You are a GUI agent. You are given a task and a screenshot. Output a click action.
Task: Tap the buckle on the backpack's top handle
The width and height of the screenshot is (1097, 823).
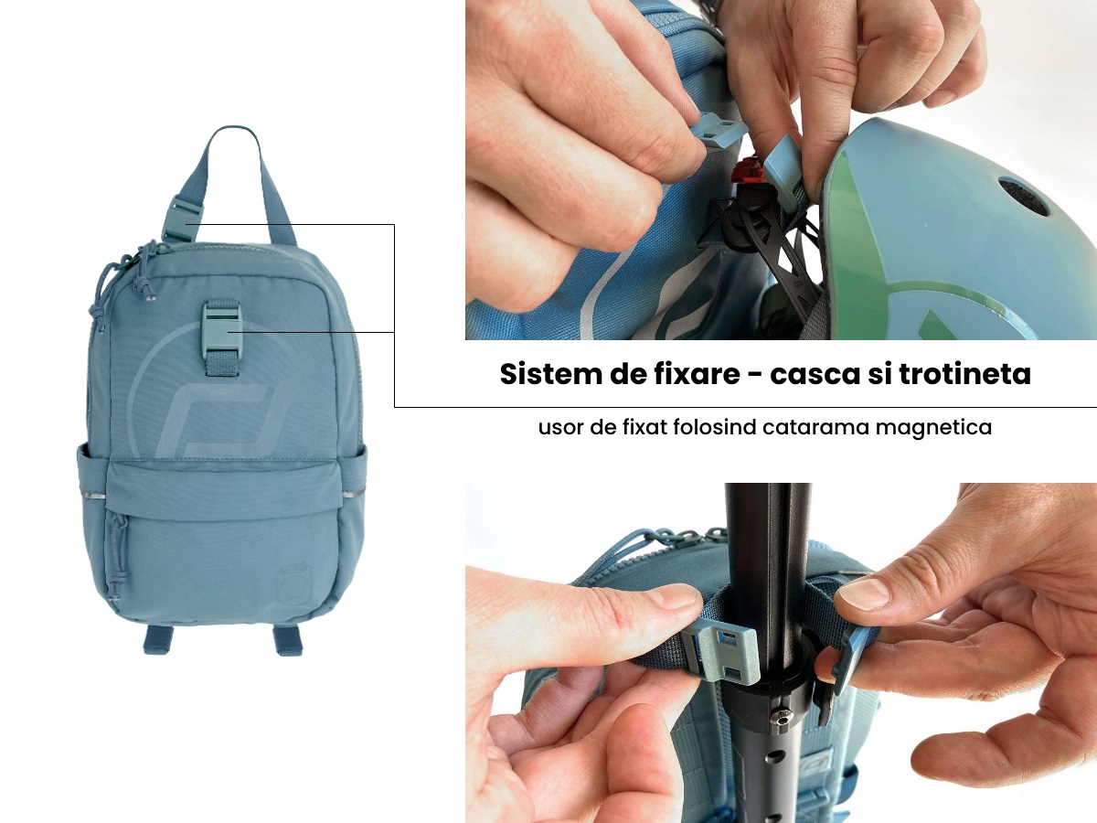(x=176, y=219)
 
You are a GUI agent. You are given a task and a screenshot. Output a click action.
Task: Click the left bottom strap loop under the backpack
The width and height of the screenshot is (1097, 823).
(x=159, y=638)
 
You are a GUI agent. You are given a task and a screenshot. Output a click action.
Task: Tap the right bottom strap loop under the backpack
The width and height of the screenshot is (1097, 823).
(x=288, y=639)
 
